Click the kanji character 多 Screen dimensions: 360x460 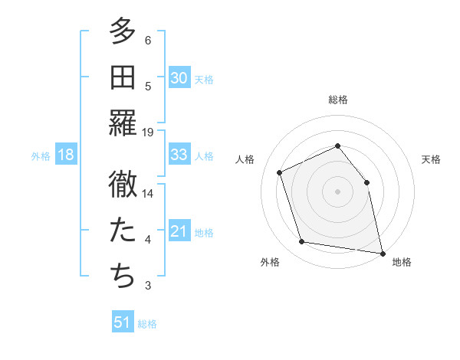point(123,32)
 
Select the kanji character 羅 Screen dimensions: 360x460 point(123,123)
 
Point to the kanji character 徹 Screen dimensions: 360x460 point(123,185)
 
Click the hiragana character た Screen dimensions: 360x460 point(123,231)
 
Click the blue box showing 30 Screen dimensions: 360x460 point(179,78)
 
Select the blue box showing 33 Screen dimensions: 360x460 point(179,155)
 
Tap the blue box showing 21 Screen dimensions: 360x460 point(179,231)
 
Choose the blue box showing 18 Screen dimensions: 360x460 point(66,155)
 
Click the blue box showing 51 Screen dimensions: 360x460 point(123,322)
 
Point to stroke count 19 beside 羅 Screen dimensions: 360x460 point(148,133)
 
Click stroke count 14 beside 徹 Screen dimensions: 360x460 point(148,194)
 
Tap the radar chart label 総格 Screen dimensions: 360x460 point(337,100)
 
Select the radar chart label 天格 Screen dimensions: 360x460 point(431,159)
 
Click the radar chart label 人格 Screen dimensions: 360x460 point(245,159)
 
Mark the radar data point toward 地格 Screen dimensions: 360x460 point(382,252)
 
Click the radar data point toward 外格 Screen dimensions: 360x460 point(302,242)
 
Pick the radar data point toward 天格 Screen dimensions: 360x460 point(366,182)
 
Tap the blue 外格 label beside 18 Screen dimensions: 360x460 point(41,155)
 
